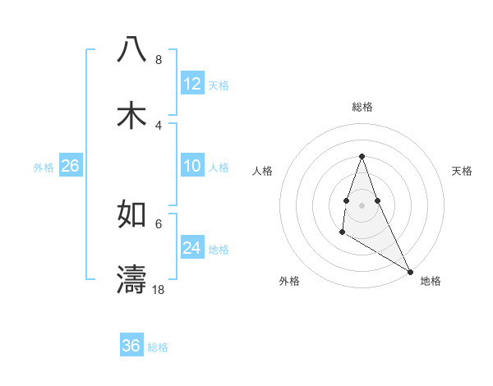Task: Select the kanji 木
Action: click(x=131, y=116)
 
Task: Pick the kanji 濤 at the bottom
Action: click(x=131, y=279)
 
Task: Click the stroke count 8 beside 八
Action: click(x=158, y=60)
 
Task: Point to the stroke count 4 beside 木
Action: click(x=158, y=125)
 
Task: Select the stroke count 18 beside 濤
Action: click(x=159, y=289)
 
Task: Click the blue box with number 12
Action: click(x=192, y=84)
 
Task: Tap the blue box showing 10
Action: click(x=192, y=166)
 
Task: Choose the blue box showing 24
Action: click(x=192, y=248)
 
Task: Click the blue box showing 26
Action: click(x=71, y=166)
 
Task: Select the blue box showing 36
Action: click(x=131, y=346)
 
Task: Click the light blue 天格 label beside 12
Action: click(x=219, y=85)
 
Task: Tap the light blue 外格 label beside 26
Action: click(x=44, y=168)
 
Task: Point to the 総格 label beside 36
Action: click(x=158, y=347)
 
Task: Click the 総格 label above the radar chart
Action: click(x=362, y=107)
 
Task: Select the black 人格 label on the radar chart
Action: click(x=263, y=171)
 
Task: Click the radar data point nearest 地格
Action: click(x=410, y=272)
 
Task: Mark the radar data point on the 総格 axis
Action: click(x=362, y=156)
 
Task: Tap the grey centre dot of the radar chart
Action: click(x=362, y=204)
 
